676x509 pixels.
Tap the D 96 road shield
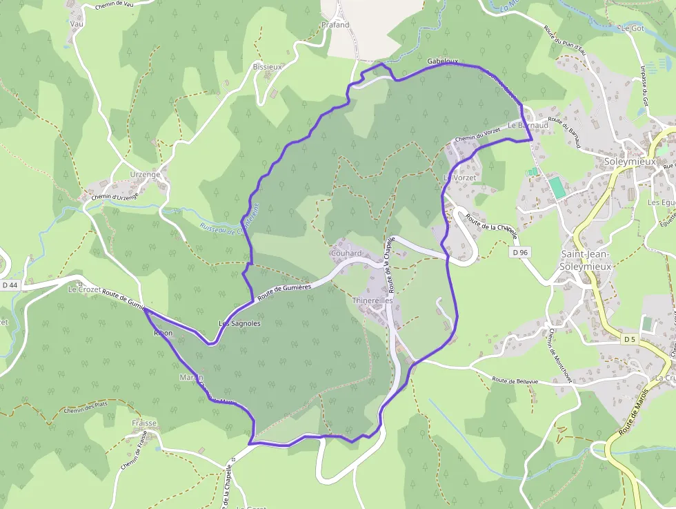(x=520, y=253)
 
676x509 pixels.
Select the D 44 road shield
(x=10, y=285)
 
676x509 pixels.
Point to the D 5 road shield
(x=629, y=339)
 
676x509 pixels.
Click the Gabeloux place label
(x=442, y=61)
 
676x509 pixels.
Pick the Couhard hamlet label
(x=346, y=253)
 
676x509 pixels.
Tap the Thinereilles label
(x=372, y=301)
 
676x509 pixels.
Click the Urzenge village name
(x=145, y=175)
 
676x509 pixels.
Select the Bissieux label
(x=268, y=67)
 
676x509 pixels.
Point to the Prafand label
(x=335, y=25)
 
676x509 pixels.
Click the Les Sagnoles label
(x=239, y=323)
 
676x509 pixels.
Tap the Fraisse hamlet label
(x=143, y=423)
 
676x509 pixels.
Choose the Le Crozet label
(x=83, y=290)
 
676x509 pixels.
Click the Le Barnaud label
(x=528, y=126)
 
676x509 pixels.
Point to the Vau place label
(x=76, y=23)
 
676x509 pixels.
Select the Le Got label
(x=632, y=28)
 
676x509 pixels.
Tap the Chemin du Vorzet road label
(x=477, y=135)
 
